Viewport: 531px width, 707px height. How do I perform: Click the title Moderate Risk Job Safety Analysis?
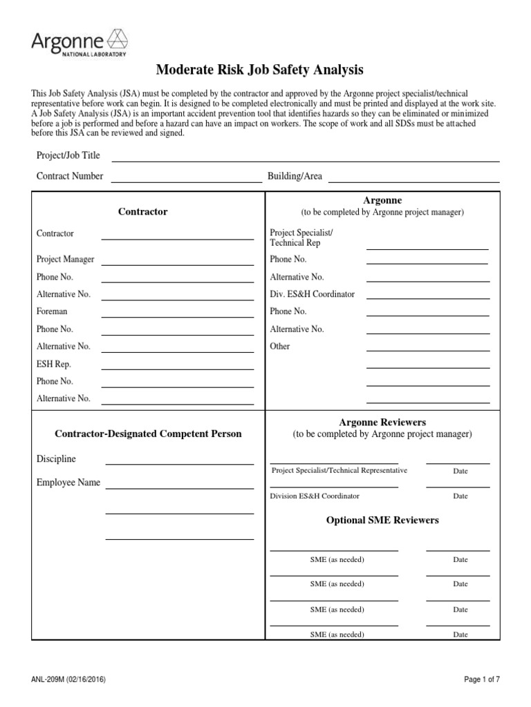pyautogui.click(x=259, y=70)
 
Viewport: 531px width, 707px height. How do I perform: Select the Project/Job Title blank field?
pyautogui.click(x=305, y=156)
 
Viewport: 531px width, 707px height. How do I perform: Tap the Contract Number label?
pyautogui.click(x=70, y=176)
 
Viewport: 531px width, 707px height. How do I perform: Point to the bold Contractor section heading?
pyautogui.click(x=142, y=212)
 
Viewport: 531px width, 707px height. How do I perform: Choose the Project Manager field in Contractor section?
pyautogui.click(x=177, y=260)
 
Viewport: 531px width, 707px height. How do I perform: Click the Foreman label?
pyautogui.click(x=52, y=311)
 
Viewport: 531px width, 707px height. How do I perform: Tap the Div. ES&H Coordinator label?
pyautogui.click(x=312, y=294)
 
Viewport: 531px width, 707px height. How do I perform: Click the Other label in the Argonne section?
pyautogui.click(x=280, y=346)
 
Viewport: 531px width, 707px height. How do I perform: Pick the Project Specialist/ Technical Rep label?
pyautogui.click(x=301, y=238)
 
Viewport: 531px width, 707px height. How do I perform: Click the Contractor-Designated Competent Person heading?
pyautogui.click(x=148, y=434)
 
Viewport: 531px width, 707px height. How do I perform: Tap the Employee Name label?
pyautogui.click(x=68, y=483)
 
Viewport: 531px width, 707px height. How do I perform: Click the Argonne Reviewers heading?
pyautogui.click(x=382, y=422)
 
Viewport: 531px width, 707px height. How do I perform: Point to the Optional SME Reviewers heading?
pyautogui.click(x=382, y=520)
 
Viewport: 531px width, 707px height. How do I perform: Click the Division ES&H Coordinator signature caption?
pyautogui.click(x=315, y=496)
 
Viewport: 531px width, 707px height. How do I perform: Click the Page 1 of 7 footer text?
pyautogui.click(x=481, y=679)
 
